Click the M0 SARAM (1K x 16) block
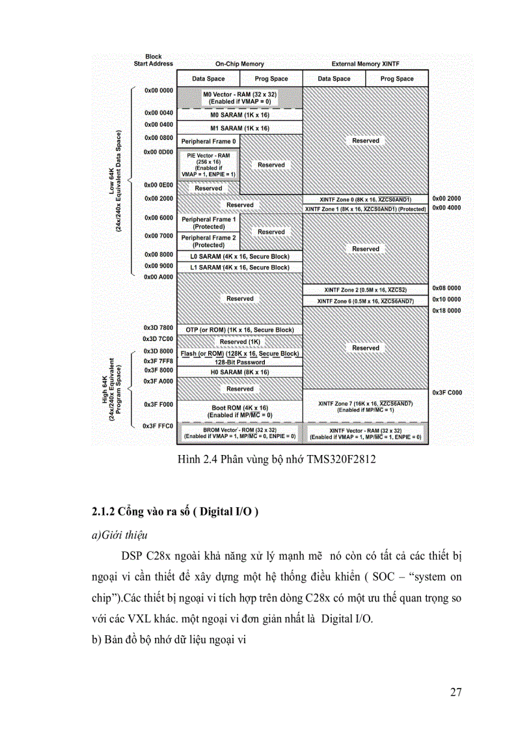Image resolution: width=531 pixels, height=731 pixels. pos(239,115)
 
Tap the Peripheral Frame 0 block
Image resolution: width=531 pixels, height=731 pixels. pos(208,141)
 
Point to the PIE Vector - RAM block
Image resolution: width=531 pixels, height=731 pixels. pos(208,165)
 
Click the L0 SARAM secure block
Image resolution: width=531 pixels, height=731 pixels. pos(239,256)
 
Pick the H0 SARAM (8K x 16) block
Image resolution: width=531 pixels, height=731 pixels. pos(239,372)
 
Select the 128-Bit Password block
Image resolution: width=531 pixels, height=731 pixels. pos(239,362)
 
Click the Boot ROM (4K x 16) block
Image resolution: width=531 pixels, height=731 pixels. pos(239,411)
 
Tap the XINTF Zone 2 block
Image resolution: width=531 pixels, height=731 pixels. pos(365,290)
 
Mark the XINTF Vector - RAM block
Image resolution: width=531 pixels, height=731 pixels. pos(365,434)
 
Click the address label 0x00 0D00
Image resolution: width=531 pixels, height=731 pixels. pos(159,152)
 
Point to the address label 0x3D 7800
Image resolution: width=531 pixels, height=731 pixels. pos(158,327)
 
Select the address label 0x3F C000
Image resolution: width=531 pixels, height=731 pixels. pos(446,393)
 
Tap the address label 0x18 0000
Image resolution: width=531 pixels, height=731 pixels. pos(446,310)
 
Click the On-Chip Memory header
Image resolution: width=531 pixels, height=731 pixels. pos(239,64)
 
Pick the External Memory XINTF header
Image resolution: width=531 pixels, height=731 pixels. pos(365,64)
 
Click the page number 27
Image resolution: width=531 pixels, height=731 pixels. pos(456,692)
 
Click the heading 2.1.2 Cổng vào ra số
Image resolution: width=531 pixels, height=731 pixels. pos(174,512)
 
